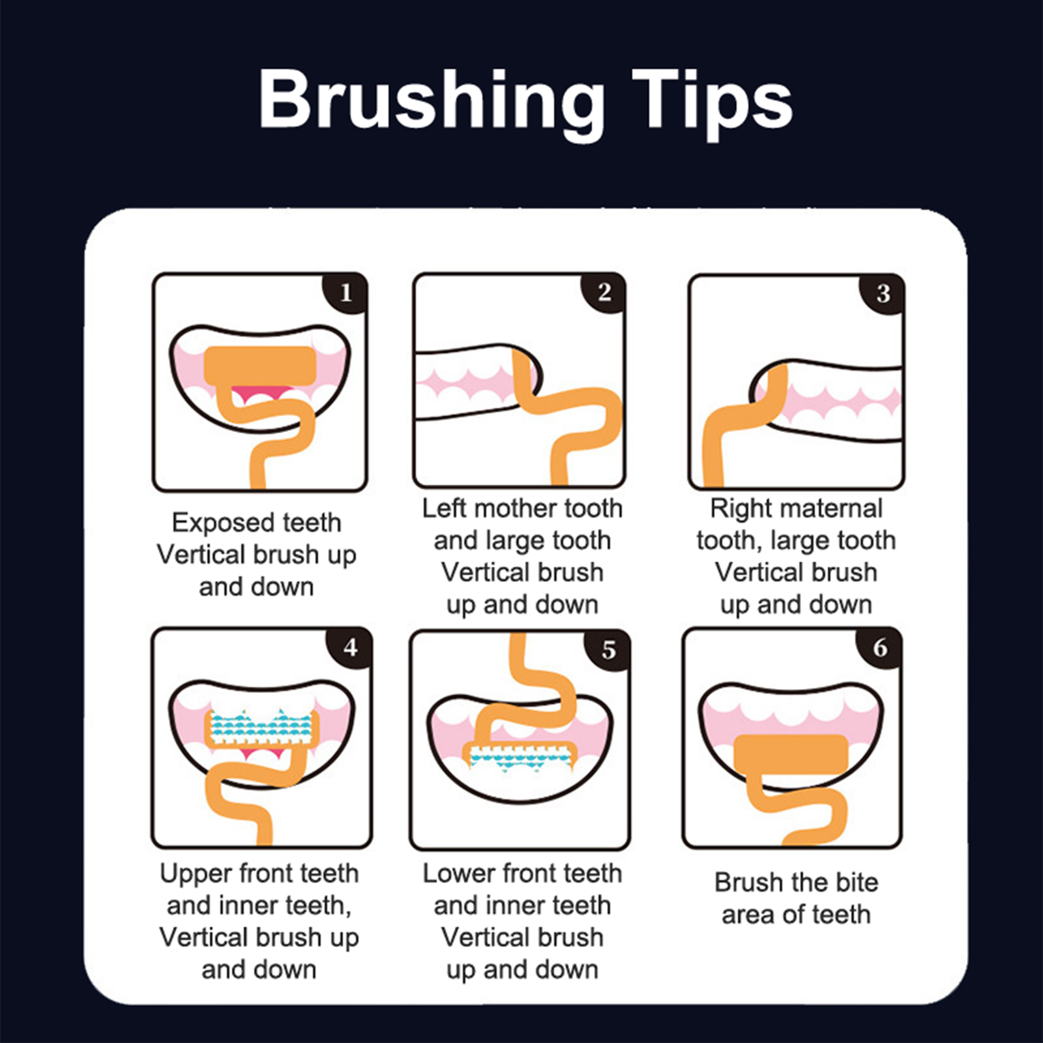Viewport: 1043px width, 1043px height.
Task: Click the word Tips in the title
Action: (x=712, y=102)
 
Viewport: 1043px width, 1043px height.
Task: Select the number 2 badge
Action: (x=604, y=291)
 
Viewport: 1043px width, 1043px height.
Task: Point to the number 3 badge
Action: (x=883, y=293)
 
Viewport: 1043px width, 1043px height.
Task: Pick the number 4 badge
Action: (x=350, y=647)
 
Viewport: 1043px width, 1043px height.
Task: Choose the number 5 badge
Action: (x=608, y=649)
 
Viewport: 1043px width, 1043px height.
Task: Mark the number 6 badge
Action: (x=880, y=647)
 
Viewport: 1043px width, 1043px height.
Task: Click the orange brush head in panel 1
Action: (x=260, y=366)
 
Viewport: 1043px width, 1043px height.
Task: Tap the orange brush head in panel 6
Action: (x=790, y=754)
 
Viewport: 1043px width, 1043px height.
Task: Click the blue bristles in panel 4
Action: (x=261, y=726)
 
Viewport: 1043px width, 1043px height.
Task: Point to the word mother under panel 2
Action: (x=516, y=508)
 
